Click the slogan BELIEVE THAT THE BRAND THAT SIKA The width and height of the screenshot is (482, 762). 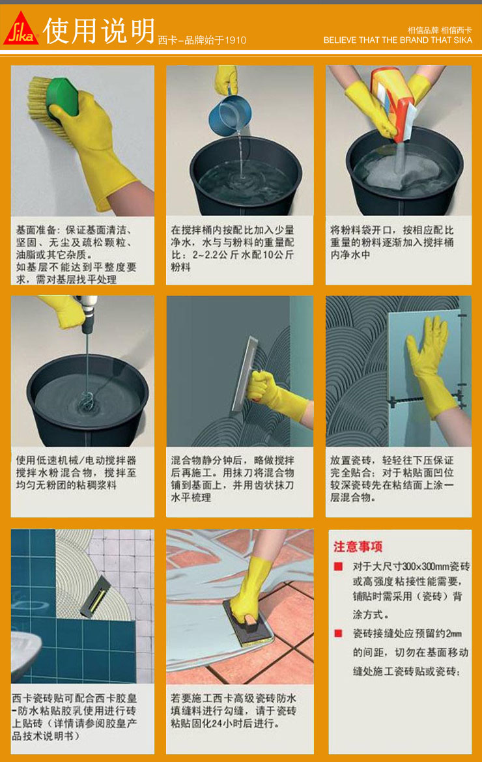[398, 40]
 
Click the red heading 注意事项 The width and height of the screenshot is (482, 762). [358, 546]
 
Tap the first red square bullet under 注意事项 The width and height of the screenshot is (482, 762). [338, 567]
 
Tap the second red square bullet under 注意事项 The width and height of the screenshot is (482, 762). [338, 633]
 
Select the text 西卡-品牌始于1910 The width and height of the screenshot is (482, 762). [202, 40]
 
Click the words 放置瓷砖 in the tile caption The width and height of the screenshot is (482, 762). [350, 460]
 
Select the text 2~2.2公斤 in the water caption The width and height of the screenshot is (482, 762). [217, 255]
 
